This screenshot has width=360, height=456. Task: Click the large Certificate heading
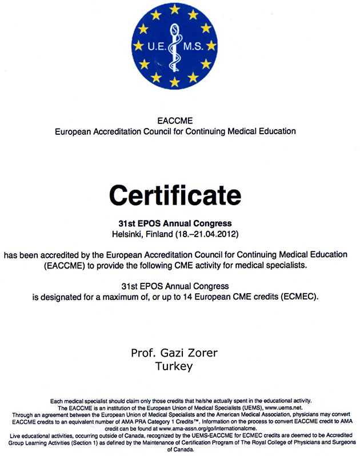click(x=175, y=195)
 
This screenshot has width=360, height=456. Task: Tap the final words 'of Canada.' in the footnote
click(x=181, y=449)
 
